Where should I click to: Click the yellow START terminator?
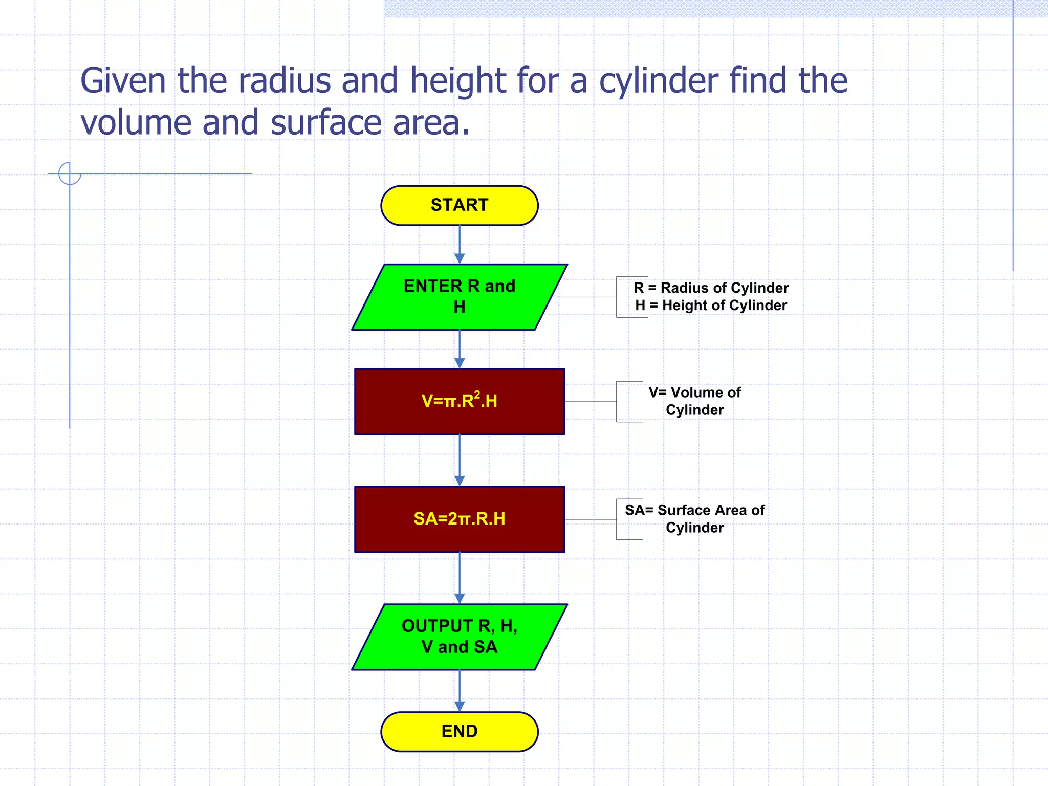tap(459, 205)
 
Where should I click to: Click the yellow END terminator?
tap(459, 731)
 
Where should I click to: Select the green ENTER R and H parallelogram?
tap(459, 297)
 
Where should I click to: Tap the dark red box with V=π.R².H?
tap(459, 401)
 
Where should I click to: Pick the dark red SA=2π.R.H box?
tap(459, 519)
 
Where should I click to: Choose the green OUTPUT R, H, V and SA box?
tap(459, 637)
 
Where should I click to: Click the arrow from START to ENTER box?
tap(459, 245)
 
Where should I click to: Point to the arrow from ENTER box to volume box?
tap(459, 349)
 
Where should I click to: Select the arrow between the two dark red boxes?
tap(459, 460)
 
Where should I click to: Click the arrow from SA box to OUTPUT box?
tap(459, 578)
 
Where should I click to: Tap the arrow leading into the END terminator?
tap(459, 691)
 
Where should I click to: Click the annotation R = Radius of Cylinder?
tap(710, 288)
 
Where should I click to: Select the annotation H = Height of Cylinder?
tap(710, 305)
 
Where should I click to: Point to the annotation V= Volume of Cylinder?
tap(694, 401)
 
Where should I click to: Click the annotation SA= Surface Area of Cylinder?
tap(694, 519)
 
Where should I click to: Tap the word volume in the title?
tap(136, 123)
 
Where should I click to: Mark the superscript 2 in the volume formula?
tap(477, 394)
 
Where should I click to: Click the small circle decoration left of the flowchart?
tap(70, 173)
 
